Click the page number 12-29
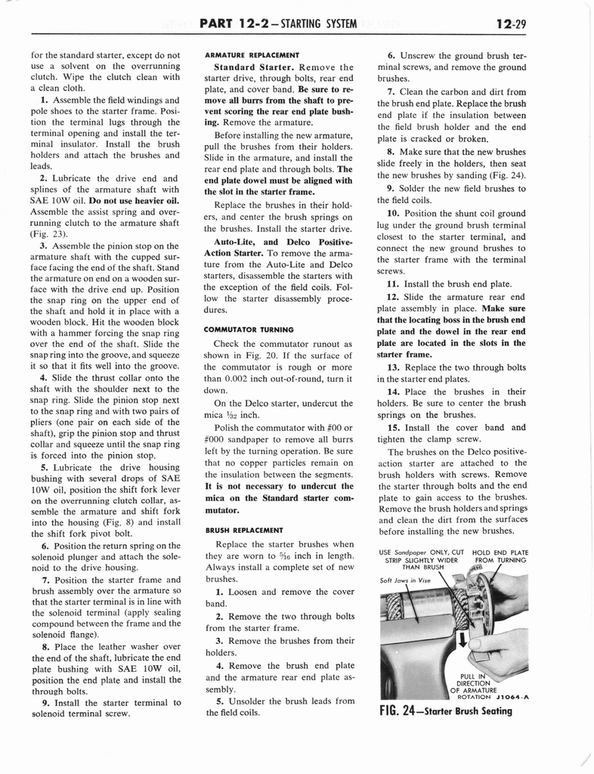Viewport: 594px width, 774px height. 512,25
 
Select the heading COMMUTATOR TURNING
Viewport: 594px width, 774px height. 249,329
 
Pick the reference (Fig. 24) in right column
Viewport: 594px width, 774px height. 503,176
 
